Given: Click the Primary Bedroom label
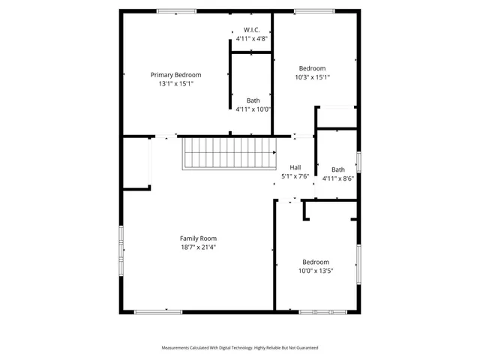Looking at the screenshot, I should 176,74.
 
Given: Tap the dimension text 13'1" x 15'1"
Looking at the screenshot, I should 176,84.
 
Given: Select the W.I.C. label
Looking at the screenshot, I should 252,28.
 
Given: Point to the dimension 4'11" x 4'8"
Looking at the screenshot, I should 252,37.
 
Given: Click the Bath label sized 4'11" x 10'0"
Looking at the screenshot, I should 253,100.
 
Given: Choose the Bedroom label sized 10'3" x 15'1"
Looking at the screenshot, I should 312,67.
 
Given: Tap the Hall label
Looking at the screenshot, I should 295,167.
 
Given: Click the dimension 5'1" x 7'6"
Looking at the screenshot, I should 295,177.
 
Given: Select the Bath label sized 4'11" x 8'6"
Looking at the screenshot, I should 338,169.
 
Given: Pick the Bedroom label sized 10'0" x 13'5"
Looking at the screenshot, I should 315,262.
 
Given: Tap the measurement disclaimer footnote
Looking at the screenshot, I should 240,348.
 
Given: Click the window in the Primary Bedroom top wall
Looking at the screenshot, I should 176,11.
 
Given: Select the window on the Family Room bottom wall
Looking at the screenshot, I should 157,311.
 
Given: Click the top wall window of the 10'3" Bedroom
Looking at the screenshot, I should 314,11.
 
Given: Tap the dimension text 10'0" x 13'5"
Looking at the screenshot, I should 315,271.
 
